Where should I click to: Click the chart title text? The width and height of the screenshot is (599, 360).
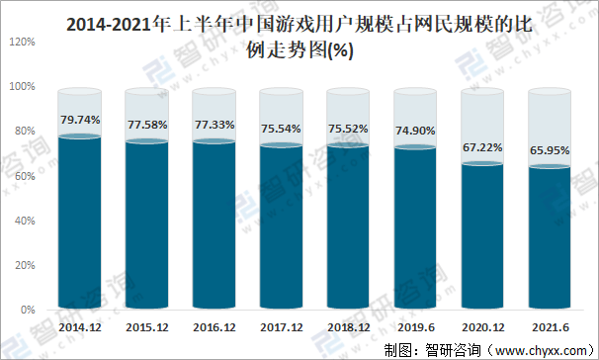(299, 38)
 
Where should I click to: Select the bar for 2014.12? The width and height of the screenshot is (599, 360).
(79, 223)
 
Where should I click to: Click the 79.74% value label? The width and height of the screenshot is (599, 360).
(79, 120)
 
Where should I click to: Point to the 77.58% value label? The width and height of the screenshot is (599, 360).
(146, 125)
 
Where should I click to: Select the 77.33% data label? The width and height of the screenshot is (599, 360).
(214, 126)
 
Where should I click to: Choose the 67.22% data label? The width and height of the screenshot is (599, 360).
(482, 147)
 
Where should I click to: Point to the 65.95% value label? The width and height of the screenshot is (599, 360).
(550, 149)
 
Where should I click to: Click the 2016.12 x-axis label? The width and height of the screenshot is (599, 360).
(214, 325)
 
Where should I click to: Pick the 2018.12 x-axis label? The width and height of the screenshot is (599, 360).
(348, 325)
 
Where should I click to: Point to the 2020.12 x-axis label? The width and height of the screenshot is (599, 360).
(482, 325)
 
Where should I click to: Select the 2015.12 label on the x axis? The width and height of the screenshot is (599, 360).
(146, 325)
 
